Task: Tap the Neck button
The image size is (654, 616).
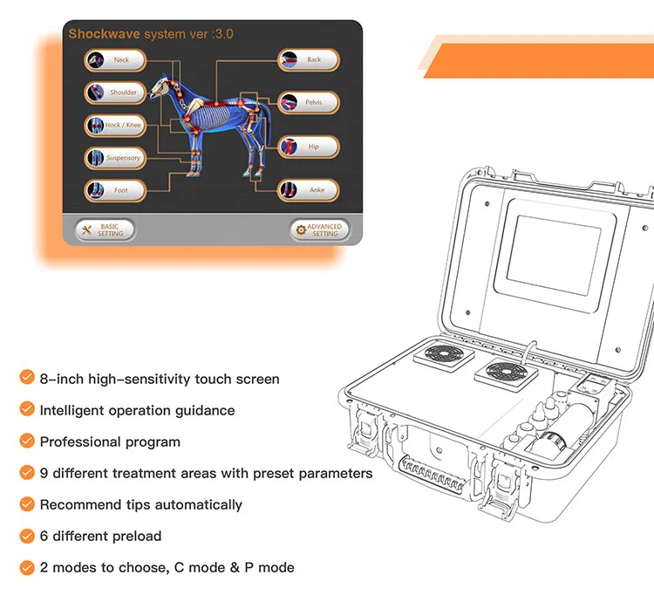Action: point(115,60)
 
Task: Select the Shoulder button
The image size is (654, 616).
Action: point(115,92)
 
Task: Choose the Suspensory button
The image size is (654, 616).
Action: point(115,158)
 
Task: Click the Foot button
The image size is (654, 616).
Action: point(115,190)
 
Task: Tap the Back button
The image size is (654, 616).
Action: point(309,59)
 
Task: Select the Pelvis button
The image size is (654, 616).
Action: point(309,102)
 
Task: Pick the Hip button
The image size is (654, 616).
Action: point(309,147)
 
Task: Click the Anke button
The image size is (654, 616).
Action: point(309,190)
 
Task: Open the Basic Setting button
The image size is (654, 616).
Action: point(105,230)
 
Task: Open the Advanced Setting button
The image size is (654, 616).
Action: point(319,230)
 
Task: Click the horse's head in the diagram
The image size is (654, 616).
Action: point(160,87)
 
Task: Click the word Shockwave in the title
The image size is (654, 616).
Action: point(104,34)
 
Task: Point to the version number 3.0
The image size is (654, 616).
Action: point(224,34)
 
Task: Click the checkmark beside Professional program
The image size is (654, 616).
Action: point(27,441)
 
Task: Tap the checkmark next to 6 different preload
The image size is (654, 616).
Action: point(27,536)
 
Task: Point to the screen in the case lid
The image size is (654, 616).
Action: point(554,256)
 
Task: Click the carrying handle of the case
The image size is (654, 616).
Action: point(433,474)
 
